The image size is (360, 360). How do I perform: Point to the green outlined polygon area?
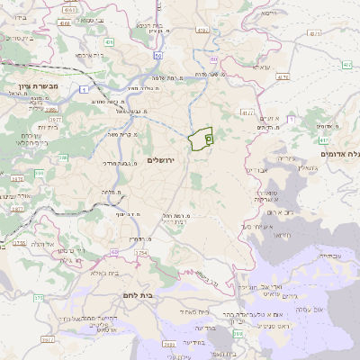[x=200, y=139]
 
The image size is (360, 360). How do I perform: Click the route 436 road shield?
[x=109, y=41]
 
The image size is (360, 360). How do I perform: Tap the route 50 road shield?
[x=157, y=55]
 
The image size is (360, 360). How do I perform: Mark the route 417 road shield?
[x=322, y=140]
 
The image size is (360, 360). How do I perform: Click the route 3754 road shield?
[x=141, y=255]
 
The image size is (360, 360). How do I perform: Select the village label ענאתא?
[x=260, y=67]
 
